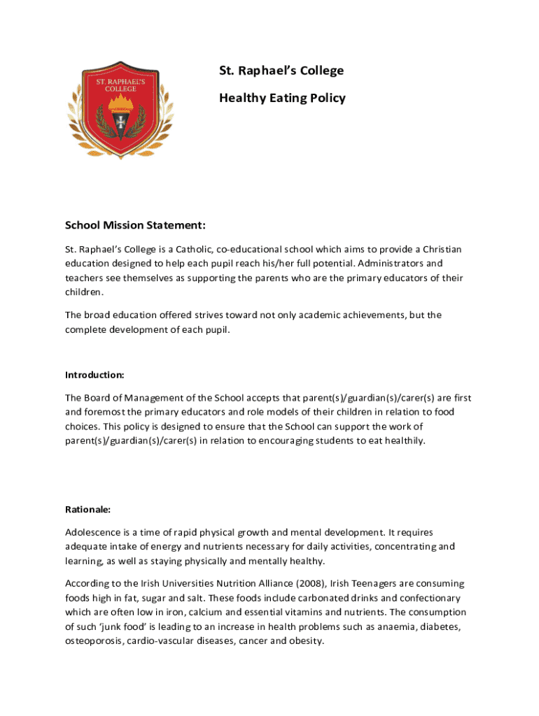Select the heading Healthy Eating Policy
click(x=282, y=98)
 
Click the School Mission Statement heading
click(x=135, y=225)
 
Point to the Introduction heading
click(x=94, y=374)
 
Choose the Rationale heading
click(x=87, y=509)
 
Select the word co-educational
click(x=251, y=250)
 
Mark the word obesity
click(x=307, y=640)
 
